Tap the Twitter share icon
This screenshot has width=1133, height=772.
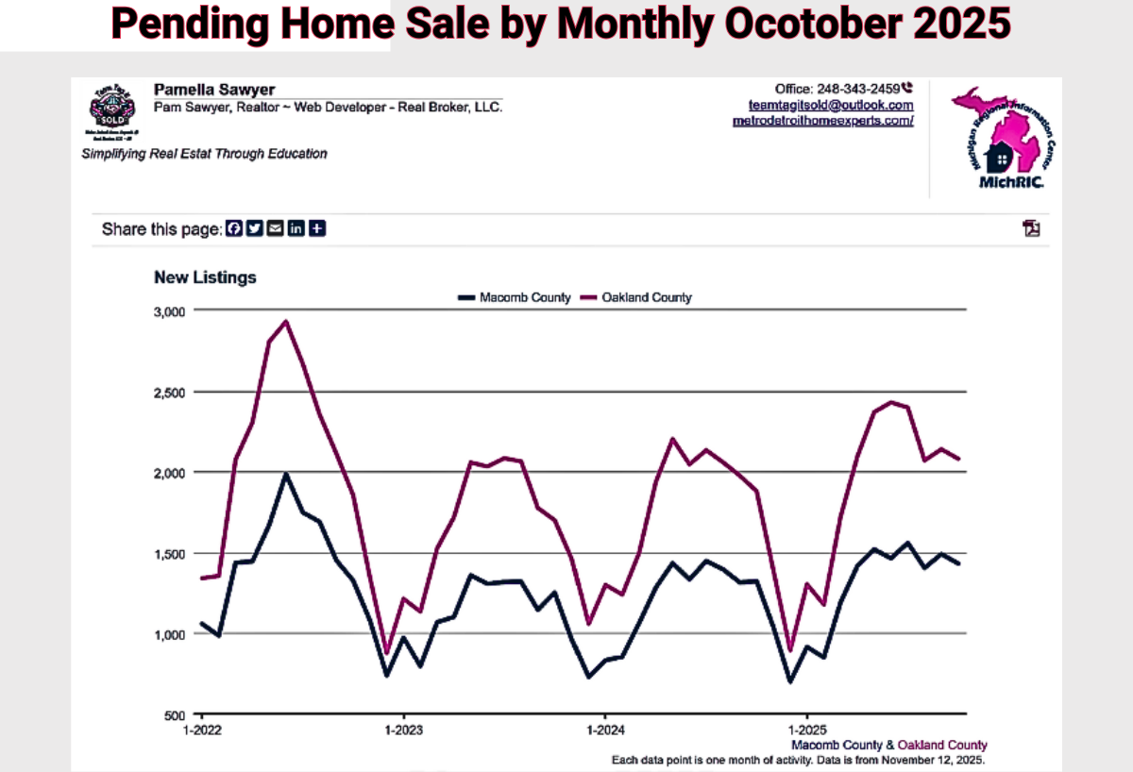pyautogui.click(x=254, y=228)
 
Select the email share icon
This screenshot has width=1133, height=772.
pyautogui.click(x=275, y=228)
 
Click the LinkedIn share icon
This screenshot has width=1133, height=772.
pyautogui.click(x=296, y=228)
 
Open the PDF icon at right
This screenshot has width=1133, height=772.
pyautogui.click(x=1031, y=228)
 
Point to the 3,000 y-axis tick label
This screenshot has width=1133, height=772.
pyautogui.click(x=170, y=310)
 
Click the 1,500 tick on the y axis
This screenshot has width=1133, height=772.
pyautogui.click(x=170, y=553)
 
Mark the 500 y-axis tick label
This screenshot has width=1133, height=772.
pyautogui.click(x=177, y=715)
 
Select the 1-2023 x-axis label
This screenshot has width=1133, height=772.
pyautogui.click(x=404, y=730)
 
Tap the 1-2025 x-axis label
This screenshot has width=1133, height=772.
pyautogui.click(x=805, y=730)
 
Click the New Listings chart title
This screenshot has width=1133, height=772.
pyautogui.click(x=205, y=277)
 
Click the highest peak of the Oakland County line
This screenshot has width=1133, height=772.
pyautogui.click(x=286, y=321)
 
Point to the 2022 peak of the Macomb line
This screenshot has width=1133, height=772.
pyautogui.click(x=286, y=474)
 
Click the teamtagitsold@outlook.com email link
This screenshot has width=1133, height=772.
pyautogui.click(x=831, y=105)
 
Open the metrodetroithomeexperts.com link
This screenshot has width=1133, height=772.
pyautogui.click(x=822, y=121)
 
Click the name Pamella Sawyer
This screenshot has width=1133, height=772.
pyautogui.click(x=214, y=90)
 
